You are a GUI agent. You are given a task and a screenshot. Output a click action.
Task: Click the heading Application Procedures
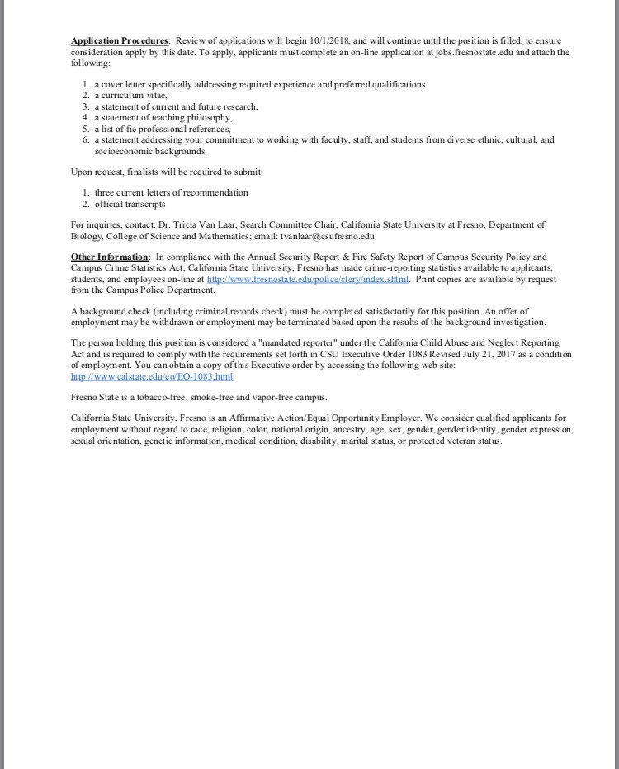point(120,40)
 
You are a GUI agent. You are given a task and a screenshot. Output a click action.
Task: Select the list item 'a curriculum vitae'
point(130,95)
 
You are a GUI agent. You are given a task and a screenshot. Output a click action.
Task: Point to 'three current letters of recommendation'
point(171,192)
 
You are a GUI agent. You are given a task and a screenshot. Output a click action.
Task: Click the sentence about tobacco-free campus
point(199,397)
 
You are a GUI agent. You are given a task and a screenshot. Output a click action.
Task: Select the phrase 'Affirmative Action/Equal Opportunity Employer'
point(316,418)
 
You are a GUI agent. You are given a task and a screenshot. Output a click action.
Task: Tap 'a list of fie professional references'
point(162,128)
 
